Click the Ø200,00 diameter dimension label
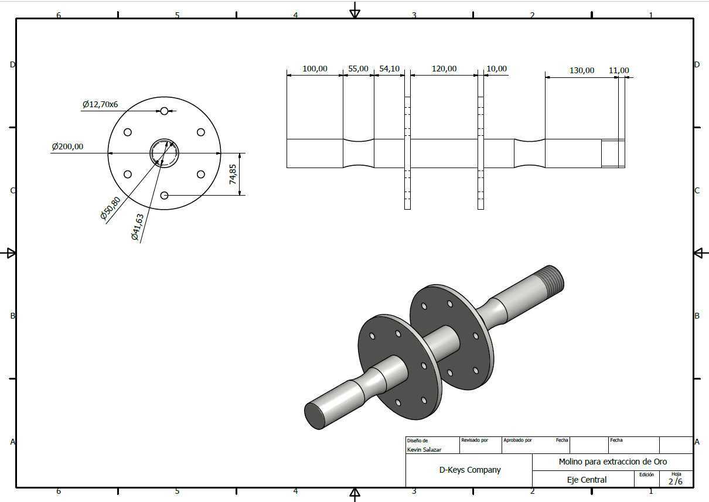tap(67, 146)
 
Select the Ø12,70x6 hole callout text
tap(100, 104)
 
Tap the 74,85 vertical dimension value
tap(233, 175)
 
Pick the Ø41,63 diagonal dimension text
tap(137, 227)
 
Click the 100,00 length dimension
tap(315, 69)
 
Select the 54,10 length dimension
tap(389, 69)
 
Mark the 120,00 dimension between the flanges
tap(444, 69)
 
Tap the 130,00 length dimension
tap(582, 70)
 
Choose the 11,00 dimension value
tap(619, 70)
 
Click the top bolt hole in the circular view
tap(164, 111)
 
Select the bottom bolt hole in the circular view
tap(164, 196)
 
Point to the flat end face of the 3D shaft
tap(315, 416)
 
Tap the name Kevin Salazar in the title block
tap(424, 449)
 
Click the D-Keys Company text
tap(470, 470)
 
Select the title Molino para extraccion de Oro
tap(613, 462)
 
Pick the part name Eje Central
tap(587, 480)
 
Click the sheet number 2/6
tap(676, 481)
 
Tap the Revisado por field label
tap(475, 440)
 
